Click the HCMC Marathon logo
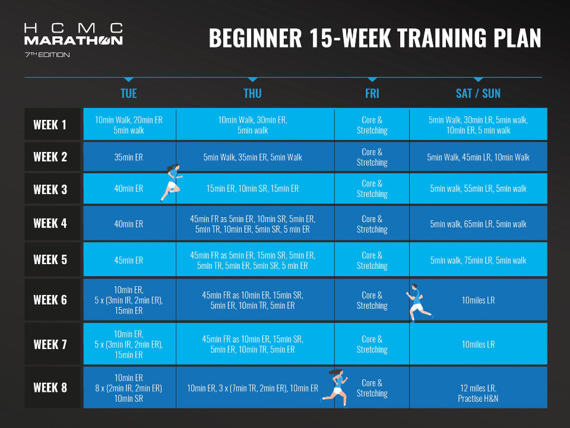(x=74, y=34)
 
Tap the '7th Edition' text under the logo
(x=47, y=55)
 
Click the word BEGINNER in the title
(x=255, y=38)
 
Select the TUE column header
(x=129, y=93)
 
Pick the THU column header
(x=253, y=93)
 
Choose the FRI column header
(x=372, y=93)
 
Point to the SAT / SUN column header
(x=478, y=93)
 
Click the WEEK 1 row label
(x=50, y=125)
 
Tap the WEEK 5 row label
(x=50, y=260)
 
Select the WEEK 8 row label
(x=50, y=388)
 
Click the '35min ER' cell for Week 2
(x=129, y=157)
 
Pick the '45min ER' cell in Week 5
(x=129, y=260)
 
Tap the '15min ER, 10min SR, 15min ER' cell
(x=253, y=189)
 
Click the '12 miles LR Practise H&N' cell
(x=478, y=393)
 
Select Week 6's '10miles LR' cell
(x=478, y=300)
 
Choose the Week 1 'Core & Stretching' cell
(x=372, y=125)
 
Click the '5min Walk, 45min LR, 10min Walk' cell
(x=478, y=157)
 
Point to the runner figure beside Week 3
(x=171, y=183)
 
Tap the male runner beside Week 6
(x=419, y=303)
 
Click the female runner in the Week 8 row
(x=335, y=388)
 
